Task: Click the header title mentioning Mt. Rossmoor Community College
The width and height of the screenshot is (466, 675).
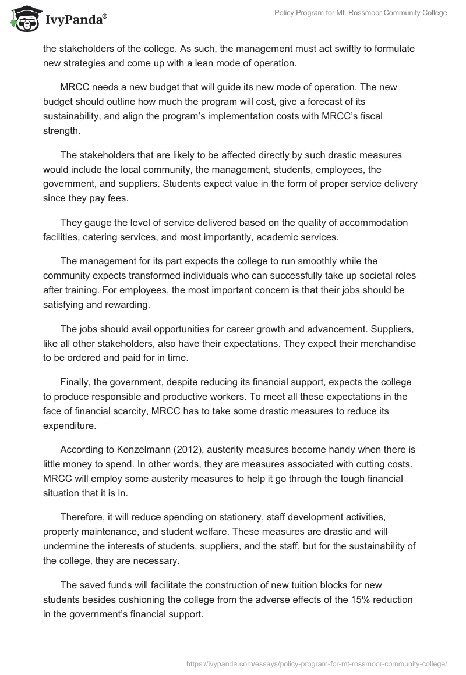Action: tap(361, 13)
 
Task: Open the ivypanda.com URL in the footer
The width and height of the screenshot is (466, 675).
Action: tap(316, 663)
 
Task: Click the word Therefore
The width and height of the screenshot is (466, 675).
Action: tap(83, 516)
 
